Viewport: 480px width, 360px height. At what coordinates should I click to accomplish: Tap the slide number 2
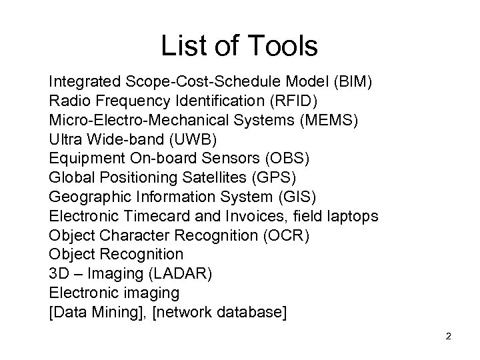pyautogui.click(x=449, y=335)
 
